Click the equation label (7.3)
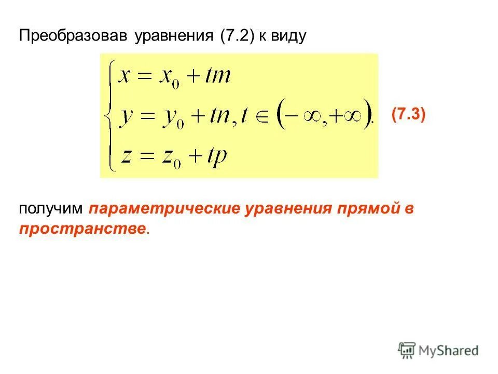tap(408, 114)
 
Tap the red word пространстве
tap(83, 229)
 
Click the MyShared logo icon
tap(407, 351)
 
